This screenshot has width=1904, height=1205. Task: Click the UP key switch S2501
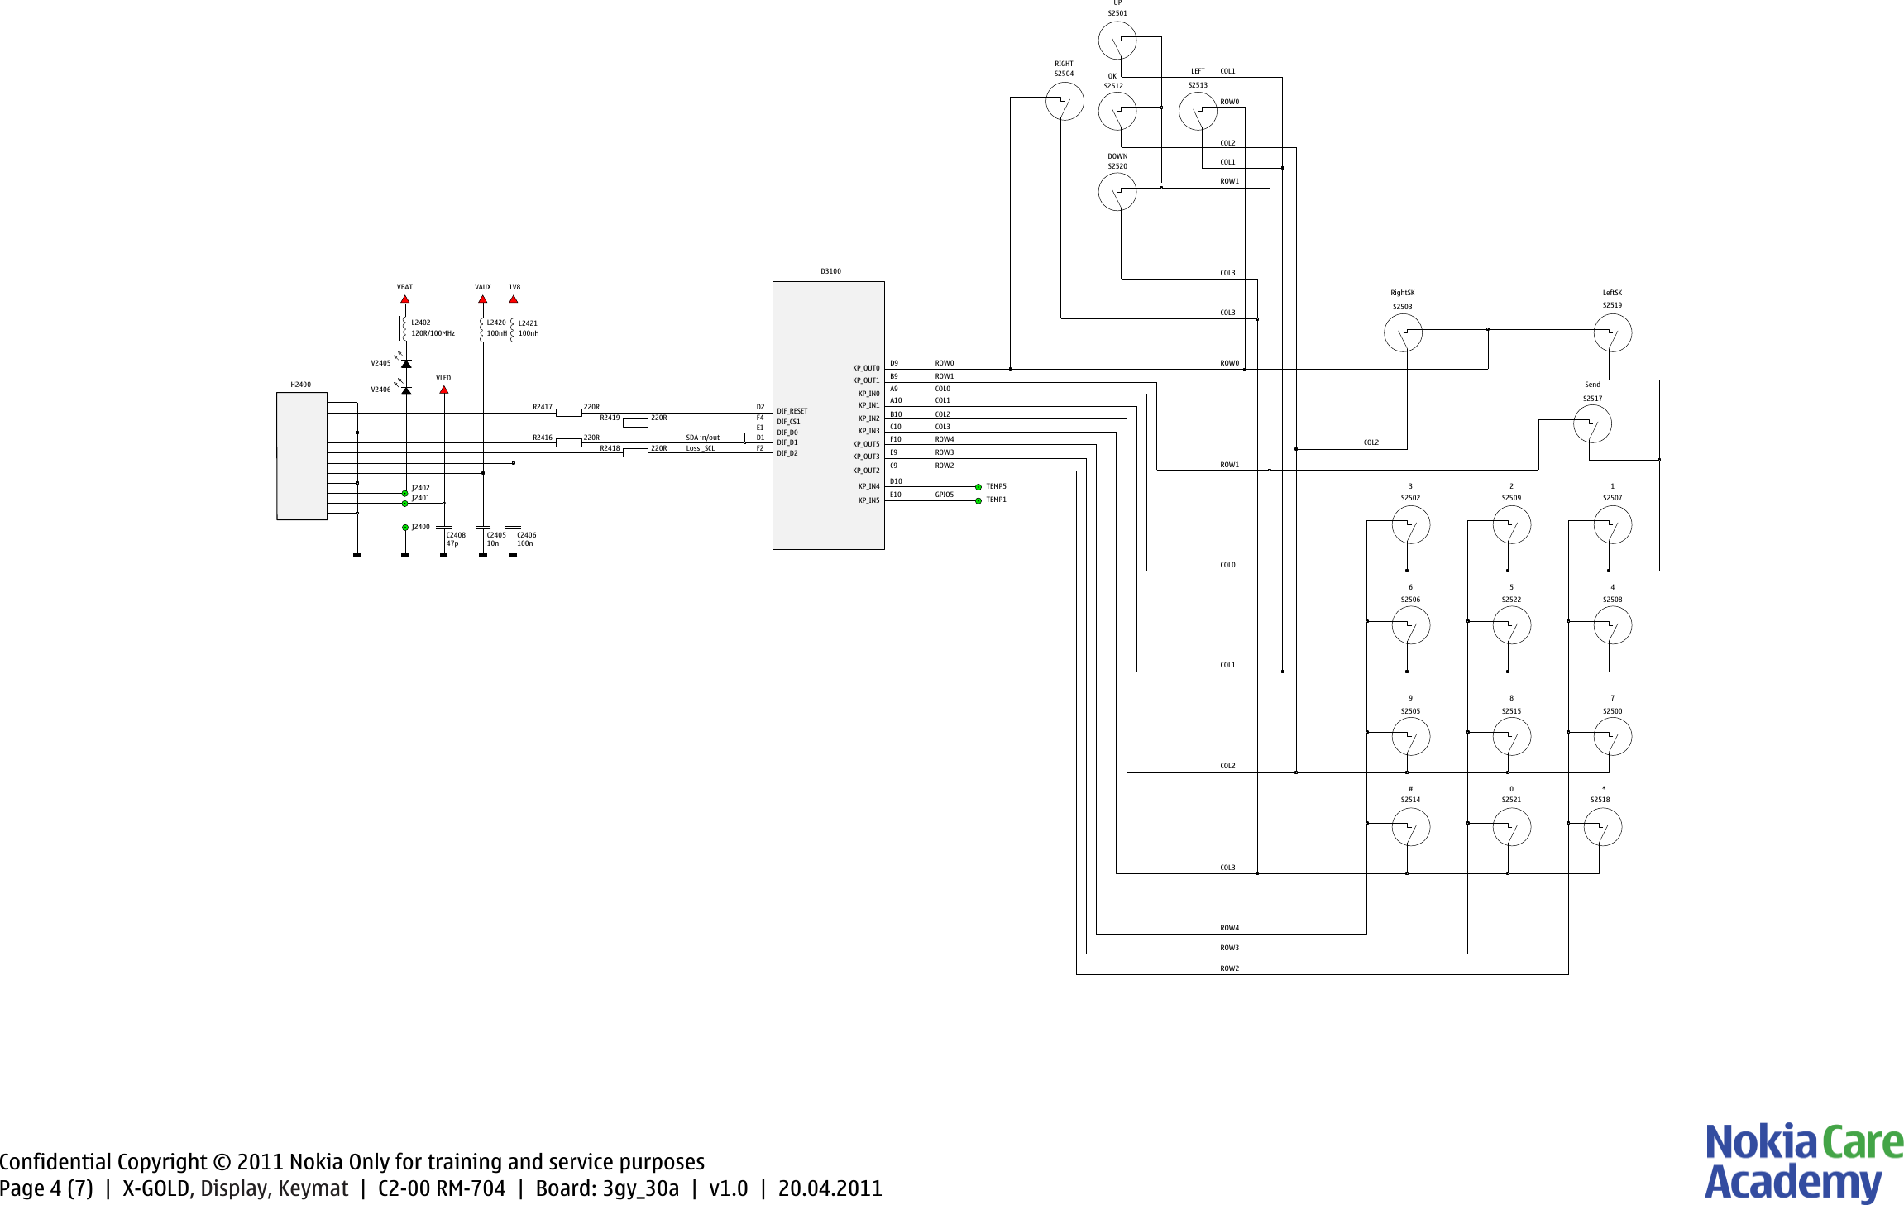(1117, 40)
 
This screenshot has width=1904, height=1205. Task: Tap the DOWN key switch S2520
(1117, 192)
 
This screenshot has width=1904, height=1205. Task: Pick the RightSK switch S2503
(1403, 333)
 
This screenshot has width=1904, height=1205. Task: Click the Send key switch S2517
(1592, 424)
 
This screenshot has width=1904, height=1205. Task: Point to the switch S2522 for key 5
(1511, 625)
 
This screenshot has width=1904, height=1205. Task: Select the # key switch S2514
(1410, 827)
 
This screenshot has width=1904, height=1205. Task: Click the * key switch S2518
(1602, 827)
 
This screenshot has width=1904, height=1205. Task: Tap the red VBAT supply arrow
(404, 299)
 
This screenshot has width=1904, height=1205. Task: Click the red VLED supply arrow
(443, 390)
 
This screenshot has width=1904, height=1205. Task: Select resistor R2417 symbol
(568, 412)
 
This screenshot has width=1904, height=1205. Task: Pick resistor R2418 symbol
(634, 452)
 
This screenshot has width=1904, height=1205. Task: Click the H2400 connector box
(302, 456)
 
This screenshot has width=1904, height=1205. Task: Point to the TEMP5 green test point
(978, 487)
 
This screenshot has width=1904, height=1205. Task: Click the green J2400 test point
(405, 527)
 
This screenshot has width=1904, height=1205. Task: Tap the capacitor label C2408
(456, 535)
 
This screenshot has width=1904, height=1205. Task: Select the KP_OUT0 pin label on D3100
(866, 368)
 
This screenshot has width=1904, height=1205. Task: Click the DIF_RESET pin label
(792, 411)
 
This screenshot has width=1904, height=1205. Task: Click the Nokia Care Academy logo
(1803, 1161)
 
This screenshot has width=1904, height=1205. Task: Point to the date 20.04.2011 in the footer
(830, 1188)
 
